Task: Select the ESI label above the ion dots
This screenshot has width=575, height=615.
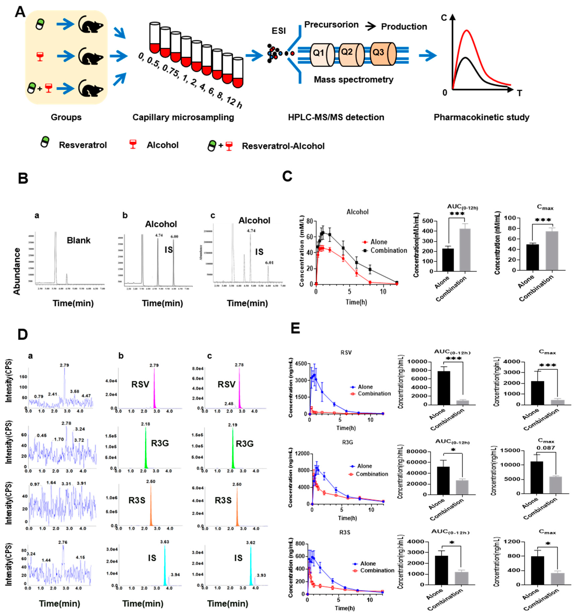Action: [x=278, y=31]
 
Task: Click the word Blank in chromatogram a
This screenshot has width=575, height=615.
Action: [x=79, y=240]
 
